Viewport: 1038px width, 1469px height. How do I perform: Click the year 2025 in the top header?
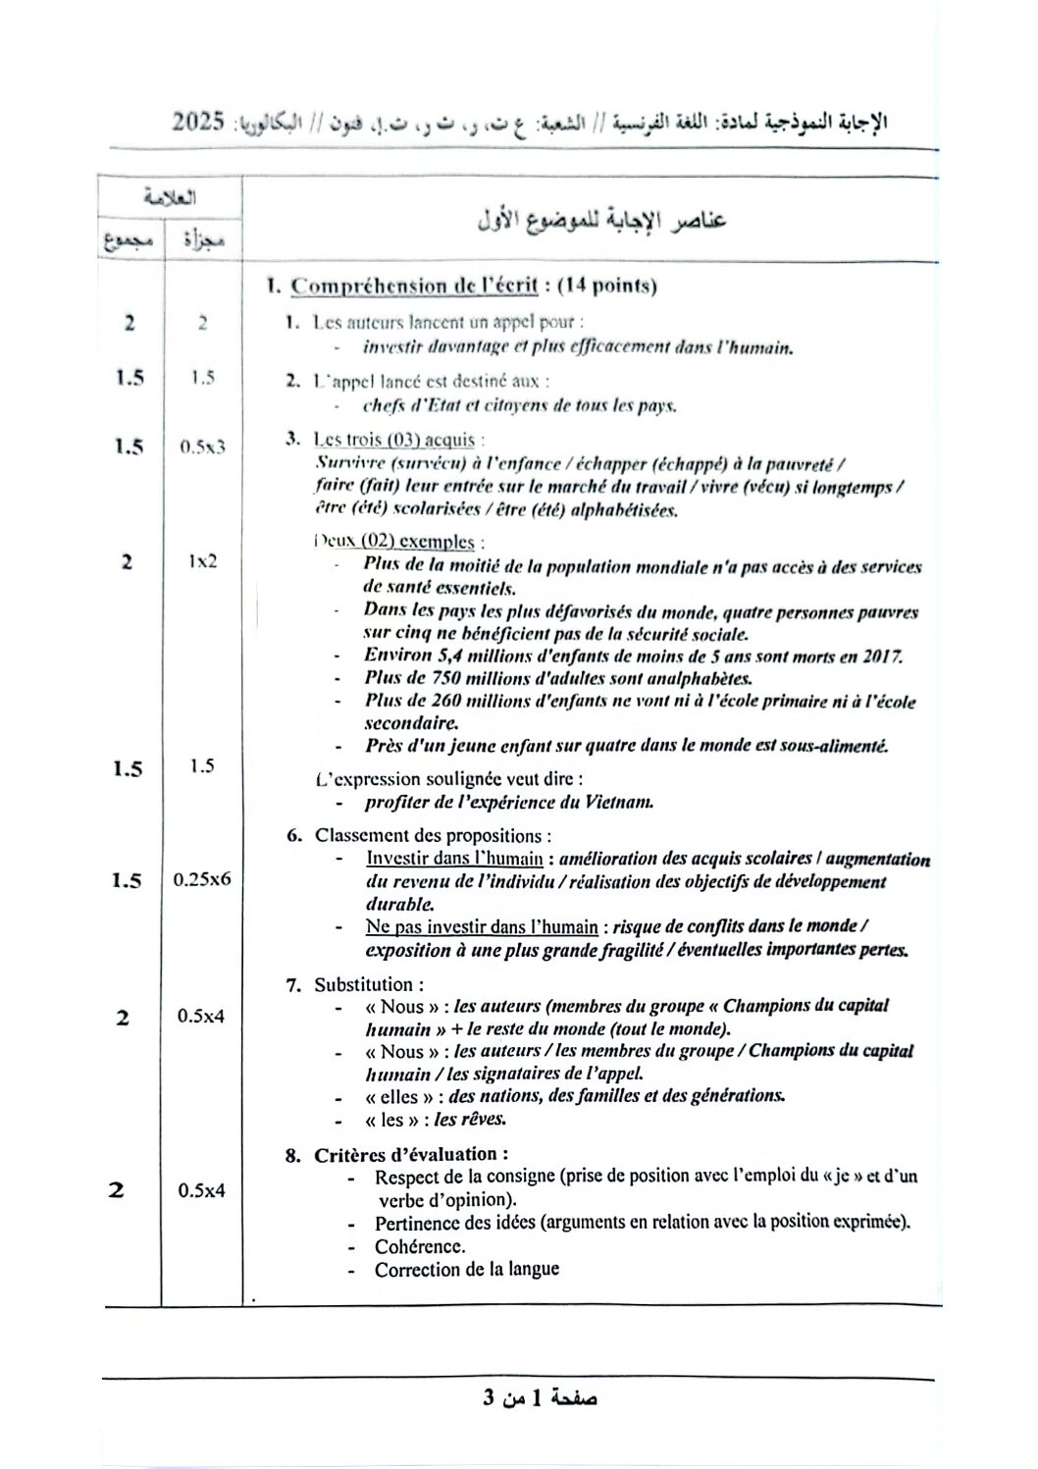tap(198, 122)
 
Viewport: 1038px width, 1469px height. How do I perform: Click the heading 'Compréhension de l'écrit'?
tap(414, 286)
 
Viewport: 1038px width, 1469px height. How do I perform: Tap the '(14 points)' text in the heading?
tap(606, 286)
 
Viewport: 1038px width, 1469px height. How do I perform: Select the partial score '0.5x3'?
tap(202, 446)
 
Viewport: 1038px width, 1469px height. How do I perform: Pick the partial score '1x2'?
tap(202, 561)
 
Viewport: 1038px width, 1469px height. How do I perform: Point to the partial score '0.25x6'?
tap(202, 879)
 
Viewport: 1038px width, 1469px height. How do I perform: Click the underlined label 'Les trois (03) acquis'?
tap(393, 440)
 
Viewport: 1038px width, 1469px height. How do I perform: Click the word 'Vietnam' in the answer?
tap(620, 802)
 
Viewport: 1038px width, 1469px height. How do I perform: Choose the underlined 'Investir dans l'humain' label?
tap(454, 859)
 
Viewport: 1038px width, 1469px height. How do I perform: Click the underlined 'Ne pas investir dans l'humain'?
tap(482, 927)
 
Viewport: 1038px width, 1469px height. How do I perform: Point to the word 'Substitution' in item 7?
tap(364, 984)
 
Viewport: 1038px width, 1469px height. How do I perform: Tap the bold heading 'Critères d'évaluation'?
tap(409, 1154)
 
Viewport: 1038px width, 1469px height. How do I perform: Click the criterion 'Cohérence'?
tap(419, 1246)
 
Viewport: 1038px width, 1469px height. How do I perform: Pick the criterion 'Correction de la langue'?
tap(466, 1270)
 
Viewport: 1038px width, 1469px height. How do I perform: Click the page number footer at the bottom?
tap(540, 1397)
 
